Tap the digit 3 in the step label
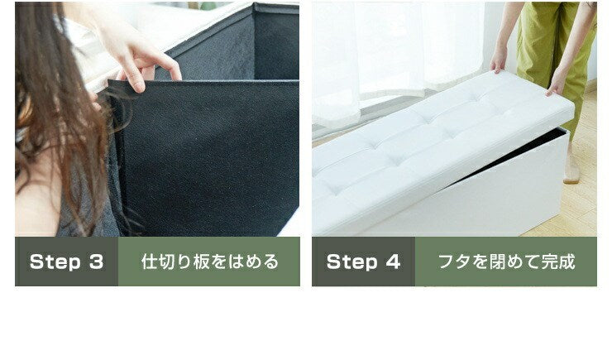(x=95, y=262)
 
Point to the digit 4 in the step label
(x=393, y=262)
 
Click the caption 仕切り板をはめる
(x=209, y=262)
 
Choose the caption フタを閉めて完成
(x=506, y=262)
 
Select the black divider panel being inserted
(x=207, y=157)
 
